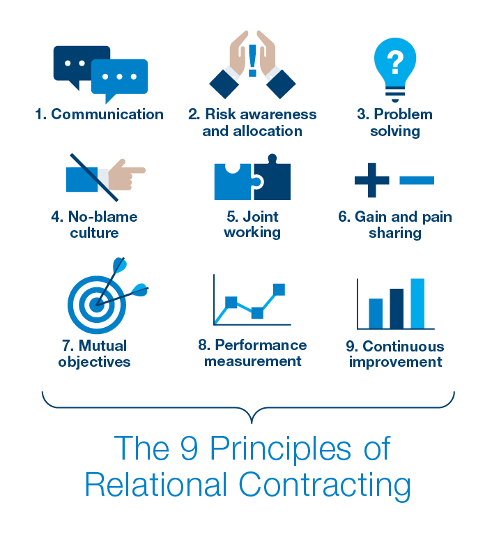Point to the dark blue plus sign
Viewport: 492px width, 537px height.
tap(371, 180)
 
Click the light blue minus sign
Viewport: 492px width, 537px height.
tap(417, 180)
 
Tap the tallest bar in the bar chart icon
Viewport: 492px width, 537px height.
tap(417, 303)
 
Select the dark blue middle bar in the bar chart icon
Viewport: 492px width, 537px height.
tap(397, 308)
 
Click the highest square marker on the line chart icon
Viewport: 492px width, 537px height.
tap(279, 289)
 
